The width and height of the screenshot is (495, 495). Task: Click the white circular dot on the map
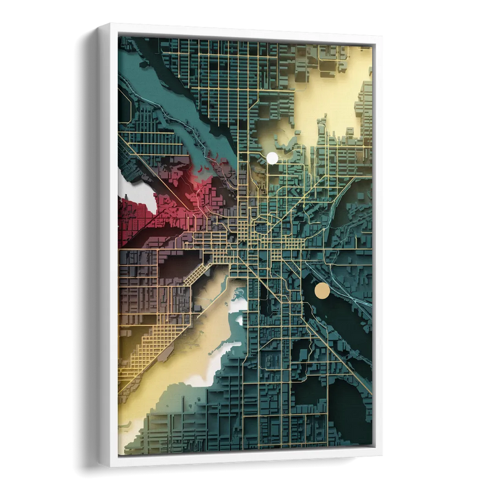(x=272, y=158)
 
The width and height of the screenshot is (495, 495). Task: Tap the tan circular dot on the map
(x=322, y=290)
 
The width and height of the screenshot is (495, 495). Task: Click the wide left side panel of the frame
(x=108, y=247)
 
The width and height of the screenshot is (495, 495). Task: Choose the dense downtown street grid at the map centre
(x=260, y=241)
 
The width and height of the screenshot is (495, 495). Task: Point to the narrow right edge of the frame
(x=377, y=247)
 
